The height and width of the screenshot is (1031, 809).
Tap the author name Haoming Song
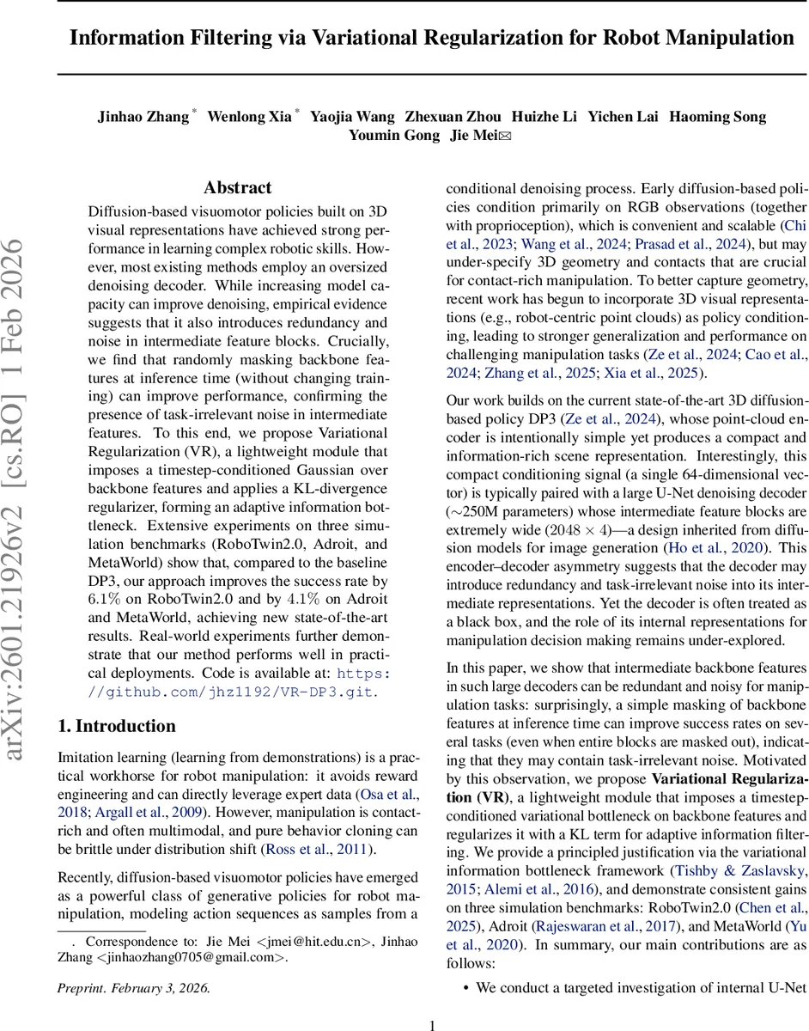pyautogui.click(x=717, y=117)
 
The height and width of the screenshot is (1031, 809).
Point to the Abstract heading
pyautogui.click(x=238, y=187)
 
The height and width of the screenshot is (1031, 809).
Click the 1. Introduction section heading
pyautogui.click(x=116, y=702)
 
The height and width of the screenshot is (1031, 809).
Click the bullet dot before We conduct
pyautogui.click(x=465, y=988)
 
